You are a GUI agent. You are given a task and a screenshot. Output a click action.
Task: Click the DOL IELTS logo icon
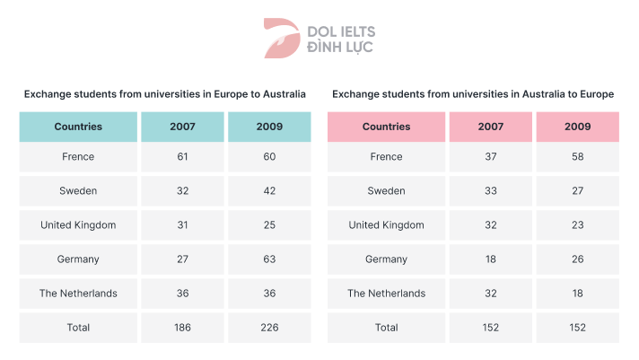point(280,37)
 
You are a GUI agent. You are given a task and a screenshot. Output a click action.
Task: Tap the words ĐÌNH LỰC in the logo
point(340,46)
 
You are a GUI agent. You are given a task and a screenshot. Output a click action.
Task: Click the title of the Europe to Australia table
point(165,93)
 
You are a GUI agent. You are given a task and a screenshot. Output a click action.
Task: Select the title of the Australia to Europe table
point(473,93)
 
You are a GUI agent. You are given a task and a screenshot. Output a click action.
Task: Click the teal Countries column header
point(78,127)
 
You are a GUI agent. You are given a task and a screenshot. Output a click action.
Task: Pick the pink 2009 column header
point(577,127)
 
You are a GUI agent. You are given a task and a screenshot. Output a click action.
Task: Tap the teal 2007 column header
point(182,127)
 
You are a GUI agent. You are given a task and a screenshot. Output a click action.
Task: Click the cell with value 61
point(182,157)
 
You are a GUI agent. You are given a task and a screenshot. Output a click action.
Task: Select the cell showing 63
point(269,259)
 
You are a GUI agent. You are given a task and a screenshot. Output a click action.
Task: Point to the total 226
point(269,328)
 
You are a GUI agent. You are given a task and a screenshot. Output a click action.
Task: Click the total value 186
point(182,328)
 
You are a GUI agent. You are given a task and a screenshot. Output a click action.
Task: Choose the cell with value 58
point(577,157)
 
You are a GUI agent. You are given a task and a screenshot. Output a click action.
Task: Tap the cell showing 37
point(490,157)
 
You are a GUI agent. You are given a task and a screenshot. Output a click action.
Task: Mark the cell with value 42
point(269,191)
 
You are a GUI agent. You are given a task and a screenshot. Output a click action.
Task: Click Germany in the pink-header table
point(386,259)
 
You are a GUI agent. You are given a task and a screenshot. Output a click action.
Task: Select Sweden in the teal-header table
point(78,191)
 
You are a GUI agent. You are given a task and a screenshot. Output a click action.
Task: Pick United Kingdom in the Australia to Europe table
point(386,225)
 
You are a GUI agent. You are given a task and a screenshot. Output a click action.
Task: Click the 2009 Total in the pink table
point(577,328)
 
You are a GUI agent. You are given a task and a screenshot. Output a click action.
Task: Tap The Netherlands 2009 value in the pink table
point(577,294)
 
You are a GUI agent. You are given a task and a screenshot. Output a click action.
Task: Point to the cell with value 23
point(577,225)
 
